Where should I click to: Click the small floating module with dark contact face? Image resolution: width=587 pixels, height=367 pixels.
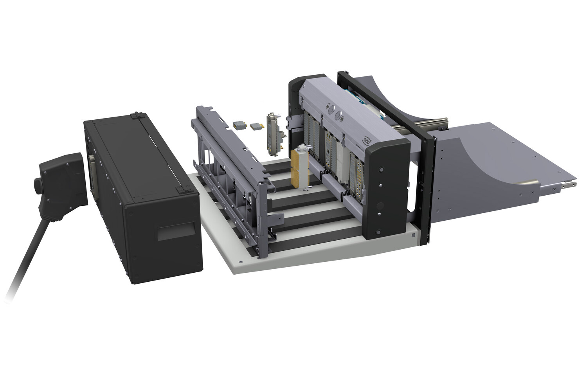238,125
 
